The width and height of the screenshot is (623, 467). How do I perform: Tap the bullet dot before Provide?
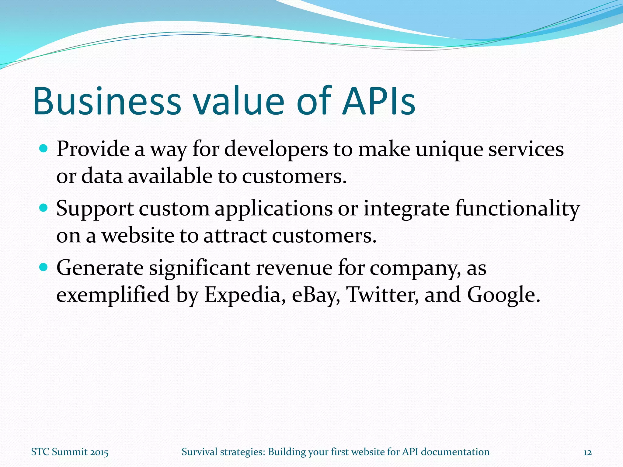(44, 148)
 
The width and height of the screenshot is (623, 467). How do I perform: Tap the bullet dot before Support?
(44, 208)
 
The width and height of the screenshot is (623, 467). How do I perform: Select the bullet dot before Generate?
(44, 267)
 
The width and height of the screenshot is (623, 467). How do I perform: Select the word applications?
(274, 209)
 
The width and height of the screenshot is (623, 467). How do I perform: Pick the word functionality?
(517, 209)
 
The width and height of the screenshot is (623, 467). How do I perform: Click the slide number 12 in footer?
(587, 452)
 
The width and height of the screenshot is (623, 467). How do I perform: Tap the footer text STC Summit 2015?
(70, 452)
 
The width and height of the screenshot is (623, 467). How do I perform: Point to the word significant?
(199, 268)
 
